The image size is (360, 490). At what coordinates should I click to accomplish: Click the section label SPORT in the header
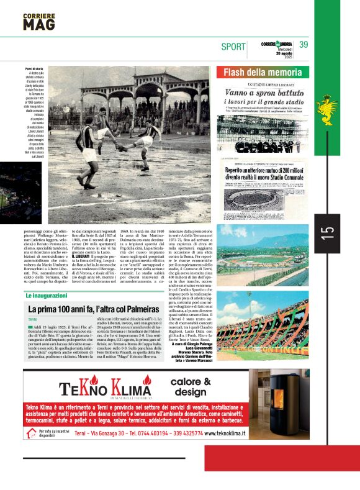pyautogui.click(x=233, y=46)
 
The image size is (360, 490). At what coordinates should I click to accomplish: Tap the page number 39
pyautogui.click(x=304, y=45)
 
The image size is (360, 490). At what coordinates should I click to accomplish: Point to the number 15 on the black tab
pyautogui.click(x=328, y=232)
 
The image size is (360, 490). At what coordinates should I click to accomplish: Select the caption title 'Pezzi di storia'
pyautogui.click(x=34, y=68)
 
